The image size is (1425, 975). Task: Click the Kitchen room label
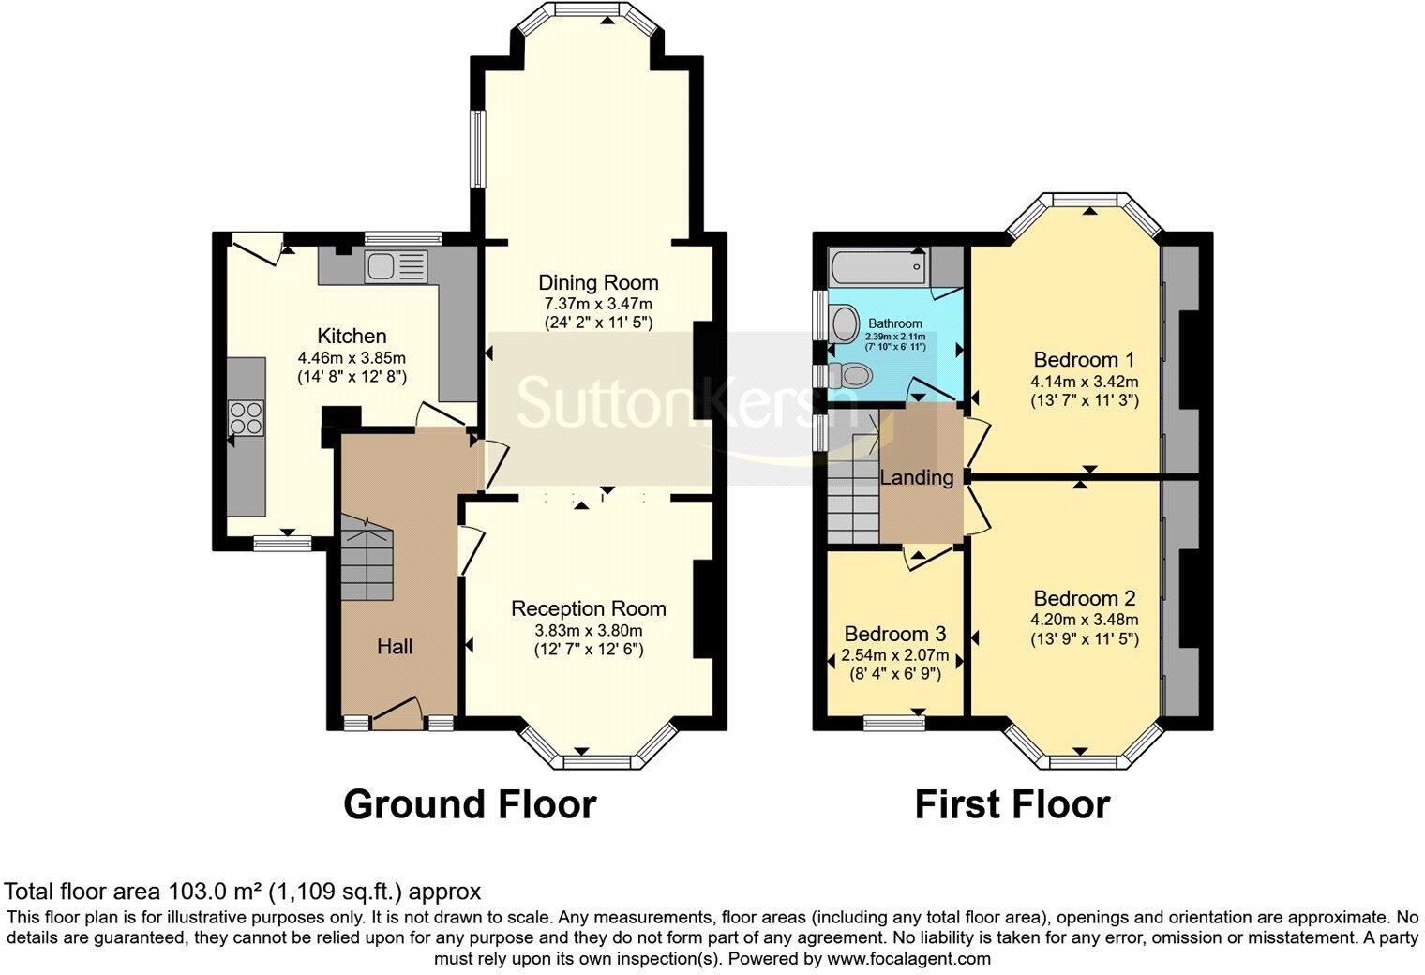coord(352,336)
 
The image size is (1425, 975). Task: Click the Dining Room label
coord(598,282)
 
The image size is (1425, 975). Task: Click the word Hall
coord(395,646)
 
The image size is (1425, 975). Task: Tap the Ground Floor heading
coord(469,804)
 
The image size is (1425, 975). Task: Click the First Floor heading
coord(1012,804)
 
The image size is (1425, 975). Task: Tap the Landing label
coord(916,477)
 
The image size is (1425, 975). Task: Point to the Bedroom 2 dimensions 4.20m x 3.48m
coord(1085,620)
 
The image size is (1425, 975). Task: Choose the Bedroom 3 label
coord(894,634)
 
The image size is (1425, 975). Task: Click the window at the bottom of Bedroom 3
coord(893,720)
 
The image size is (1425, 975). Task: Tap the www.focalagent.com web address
coord(908,959)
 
